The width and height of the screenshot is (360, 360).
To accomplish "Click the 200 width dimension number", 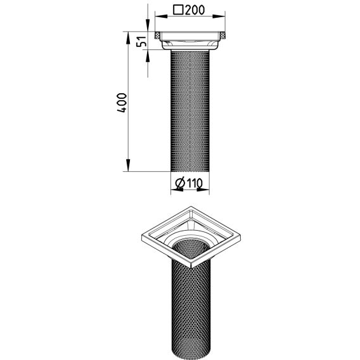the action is (x=195, y=10).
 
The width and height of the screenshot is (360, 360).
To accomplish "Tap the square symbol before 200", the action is (x=178, y=10).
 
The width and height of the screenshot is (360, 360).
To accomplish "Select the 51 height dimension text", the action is (x=141, y=41).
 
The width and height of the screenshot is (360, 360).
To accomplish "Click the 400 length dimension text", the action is (x=122, y=103).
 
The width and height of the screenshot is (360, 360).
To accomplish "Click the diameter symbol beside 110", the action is (x=180, y=183).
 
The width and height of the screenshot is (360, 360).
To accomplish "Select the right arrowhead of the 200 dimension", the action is (x=219, y=16).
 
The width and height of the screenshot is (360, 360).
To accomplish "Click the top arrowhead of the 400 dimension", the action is (x=128, y=37).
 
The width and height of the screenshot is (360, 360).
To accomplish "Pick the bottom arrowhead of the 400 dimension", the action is (x=128, y=165).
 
